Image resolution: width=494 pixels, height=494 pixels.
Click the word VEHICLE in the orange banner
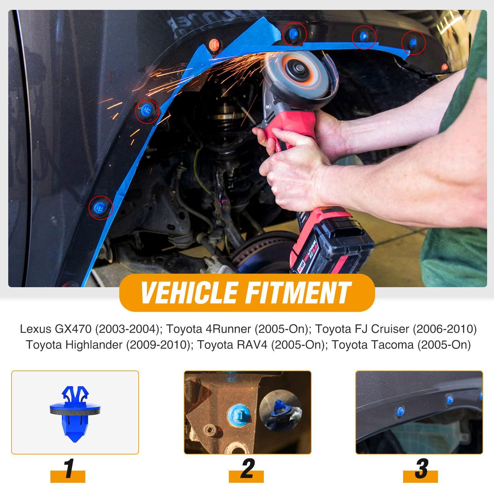click(x=188, y=292)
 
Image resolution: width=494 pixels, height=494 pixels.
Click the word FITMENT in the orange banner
click(x=295, y=292)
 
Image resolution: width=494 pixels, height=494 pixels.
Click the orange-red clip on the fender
click(x=215, y=43)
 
